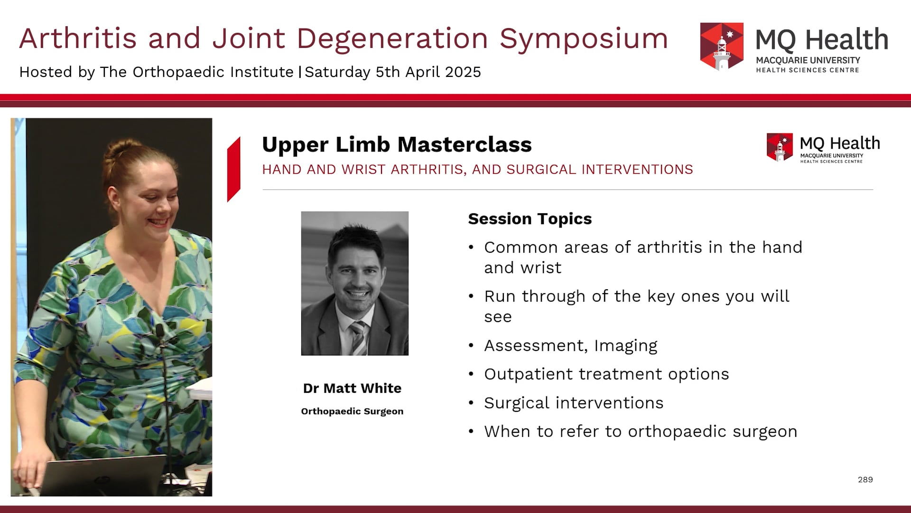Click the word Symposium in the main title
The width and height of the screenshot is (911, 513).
583,39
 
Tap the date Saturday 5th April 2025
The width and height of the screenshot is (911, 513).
392,72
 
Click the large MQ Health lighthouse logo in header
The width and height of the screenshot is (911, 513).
722,47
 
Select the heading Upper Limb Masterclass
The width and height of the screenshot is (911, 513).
397,144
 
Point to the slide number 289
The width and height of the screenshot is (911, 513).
865,480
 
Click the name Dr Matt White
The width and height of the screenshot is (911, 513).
352,389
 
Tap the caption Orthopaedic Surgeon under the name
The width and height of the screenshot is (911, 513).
352,411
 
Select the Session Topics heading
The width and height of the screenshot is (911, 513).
530,219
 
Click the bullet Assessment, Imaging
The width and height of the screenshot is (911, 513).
570,346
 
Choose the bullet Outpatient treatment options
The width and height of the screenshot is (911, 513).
606,374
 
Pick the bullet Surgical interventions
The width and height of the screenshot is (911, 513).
573,403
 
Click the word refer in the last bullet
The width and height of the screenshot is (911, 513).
581,432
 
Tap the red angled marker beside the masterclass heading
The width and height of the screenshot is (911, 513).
234,170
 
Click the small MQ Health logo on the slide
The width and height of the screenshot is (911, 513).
780,147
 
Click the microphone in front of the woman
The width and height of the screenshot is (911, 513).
160,331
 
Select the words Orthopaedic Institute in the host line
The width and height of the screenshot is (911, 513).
213,72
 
